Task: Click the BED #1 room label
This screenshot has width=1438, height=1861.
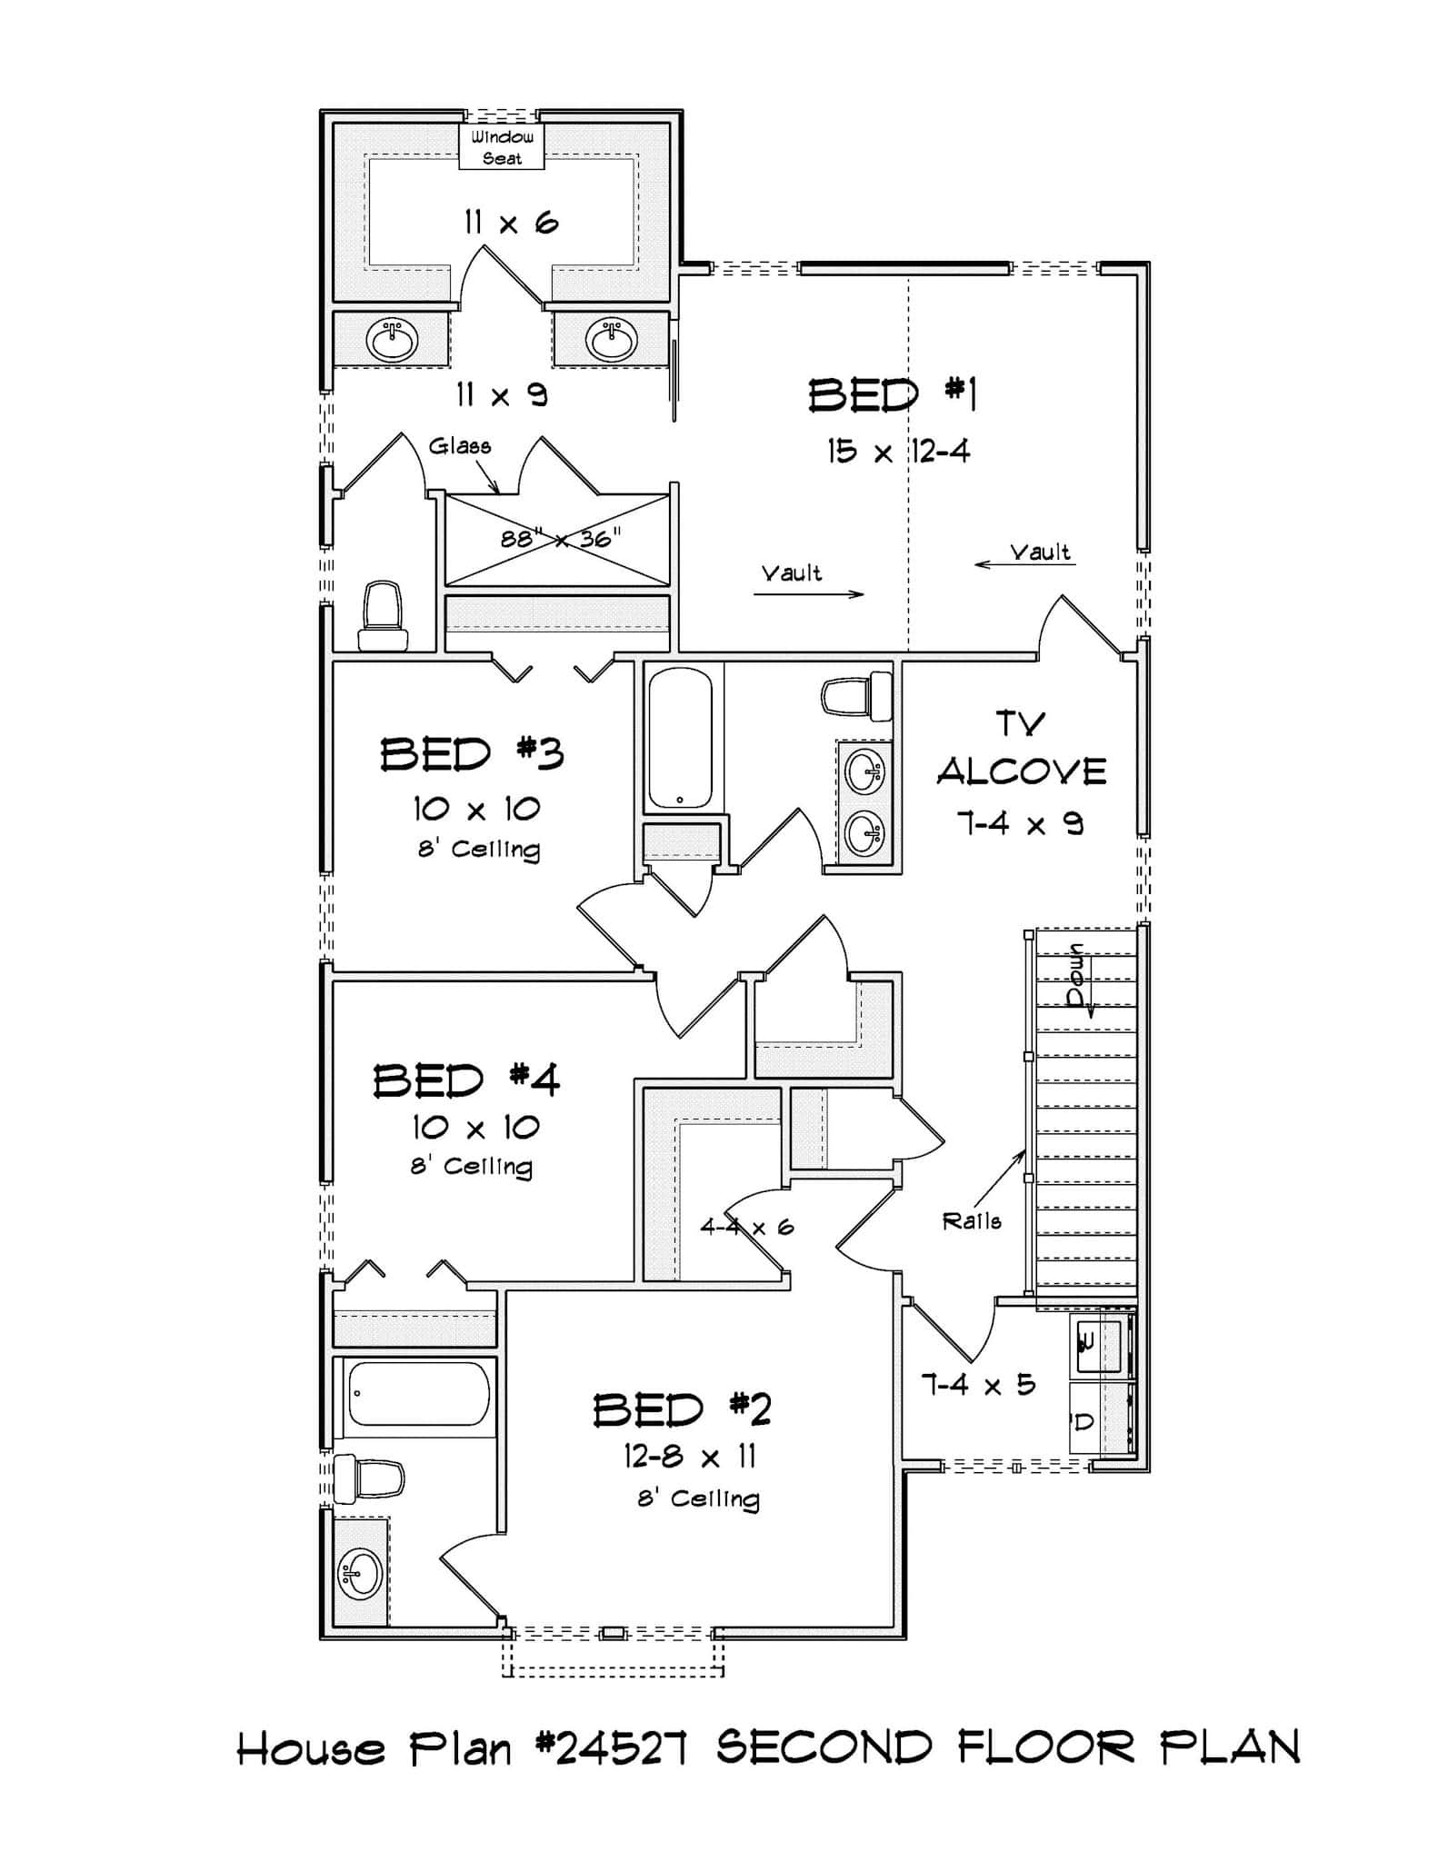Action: point(893,396)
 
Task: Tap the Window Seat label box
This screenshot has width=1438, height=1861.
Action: point(502,147)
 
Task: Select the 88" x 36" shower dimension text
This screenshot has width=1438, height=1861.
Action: point(560,538)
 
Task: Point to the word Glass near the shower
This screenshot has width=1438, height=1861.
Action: point(460,446)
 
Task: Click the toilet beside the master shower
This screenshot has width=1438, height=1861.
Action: point(383,616)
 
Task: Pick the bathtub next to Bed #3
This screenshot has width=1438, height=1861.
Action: point(680,738)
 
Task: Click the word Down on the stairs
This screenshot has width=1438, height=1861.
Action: point(1077,976)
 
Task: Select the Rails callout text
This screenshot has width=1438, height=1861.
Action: point(972,1221)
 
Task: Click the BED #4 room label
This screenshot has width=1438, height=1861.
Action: point(466,1080)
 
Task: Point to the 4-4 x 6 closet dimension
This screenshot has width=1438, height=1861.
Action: point(746,1228)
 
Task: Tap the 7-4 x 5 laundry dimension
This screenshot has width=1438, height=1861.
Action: point(978,1385)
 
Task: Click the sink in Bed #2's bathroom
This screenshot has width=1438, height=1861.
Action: point(361,1573)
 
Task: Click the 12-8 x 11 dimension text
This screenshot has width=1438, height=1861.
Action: point(689,1457)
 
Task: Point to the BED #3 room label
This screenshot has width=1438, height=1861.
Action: point(472,754)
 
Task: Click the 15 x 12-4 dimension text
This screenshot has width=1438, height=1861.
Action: point(898,451)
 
